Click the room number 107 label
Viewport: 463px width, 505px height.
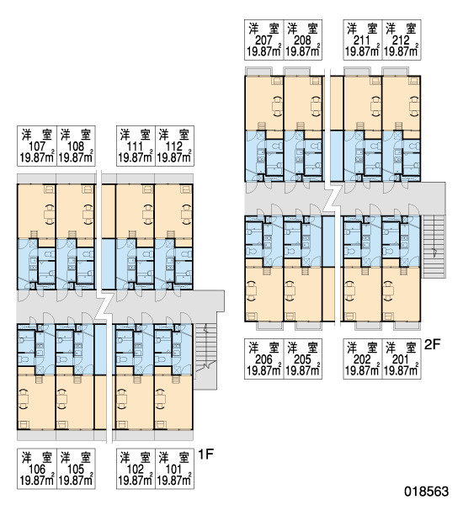pos(37,146)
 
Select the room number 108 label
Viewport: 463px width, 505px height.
pos(76,146)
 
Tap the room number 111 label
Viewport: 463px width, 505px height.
pos(135,146)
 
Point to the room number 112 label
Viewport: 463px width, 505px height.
pos(174,146)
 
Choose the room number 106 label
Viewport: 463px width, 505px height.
pos(37,470)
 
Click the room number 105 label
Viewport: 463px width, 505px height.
pos(76,470)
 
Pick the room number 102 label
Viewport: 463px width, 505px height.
pos(135,470)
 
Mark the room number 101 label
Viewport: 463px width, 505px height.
pos(174,470)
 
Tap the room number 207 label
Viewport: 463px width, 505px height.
pos(263,40)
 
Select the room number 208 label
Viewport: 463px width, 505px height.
pos(302,40)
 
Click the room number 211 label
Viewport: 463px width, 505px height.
pos(362,40)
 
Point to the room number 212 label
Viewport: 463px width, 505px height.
pos(402,40)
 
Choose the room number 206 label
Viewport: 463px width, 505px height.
pos(263,359)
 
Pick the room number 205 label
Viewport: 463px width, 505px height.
pos(302,359)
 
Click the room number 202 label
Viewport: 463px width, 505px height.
pos(362,359)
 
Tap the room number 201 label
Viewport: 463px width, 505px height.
pos(402,359)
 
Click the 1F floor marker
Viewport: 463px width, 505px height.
pos(205,454)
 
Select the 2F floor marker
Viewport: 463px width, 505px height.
pos(433,344)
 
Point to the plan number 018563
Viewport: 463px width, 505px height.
pos(427,492)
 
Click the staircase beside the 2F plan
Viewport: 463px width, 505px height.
pos(434,247)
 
